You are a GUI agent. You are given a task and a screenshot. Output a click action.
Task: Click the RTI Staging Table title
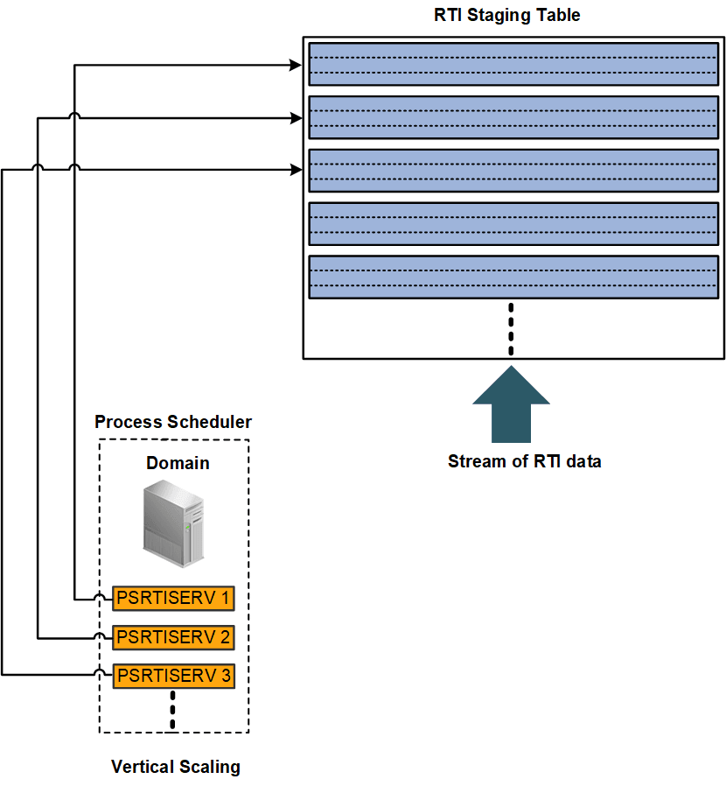pos(507,15)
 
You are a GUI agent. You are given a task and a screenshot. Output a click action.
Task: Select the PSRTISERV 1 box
pos(173,598)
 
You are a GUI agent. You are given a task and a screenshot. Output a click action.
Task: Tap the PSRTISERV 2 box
pos(173,636)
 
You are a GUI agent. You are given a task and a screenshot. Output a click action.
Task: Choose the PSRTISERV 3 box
pos(173,675)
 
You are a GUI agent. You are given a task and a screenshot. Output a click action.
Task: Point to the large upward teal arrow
pos(511,404)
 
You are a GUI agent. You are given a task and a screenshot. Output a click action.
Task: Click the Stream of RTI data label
pos(524,461)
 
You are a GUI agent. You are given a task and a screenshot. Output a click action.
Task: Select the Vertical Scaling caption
pos(175,767)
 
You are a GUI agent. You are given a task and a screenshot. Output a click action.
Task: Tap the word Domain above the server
pos(178,462)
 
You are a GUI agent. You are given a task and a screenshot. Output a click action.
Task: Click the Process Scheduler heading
pos(173,422)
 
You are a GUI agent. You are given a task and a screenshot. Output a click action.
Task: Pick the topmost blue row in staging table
pos(513,64)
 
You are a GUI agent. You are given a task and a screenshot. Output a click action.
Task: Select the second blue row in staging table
pos(513,117)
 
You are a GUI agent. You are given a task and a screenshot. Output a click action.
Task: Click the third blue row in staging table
pos(513,171)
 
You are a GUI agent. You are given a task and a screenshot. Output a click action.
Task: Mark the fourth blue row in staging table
pos(513,224)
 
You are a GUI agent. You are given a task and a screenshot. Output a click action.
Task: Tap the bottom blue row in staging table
pos(513,277)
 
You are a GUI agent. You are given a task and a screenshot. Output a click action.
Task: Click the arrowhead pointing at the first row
pos(296,64)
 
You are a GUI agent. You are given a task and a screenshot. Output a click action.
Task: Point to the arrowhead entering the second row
pos(296,117)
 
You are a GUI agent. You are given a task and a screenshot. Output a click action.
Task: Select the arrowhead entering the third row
pos(296,171)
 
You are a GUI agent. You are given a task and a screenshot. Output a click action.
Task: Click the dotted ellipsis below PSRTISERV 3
pos(173,710)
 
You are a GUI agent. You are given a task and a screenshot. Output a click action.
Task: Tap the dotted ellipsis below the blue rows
pos(511,329)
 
